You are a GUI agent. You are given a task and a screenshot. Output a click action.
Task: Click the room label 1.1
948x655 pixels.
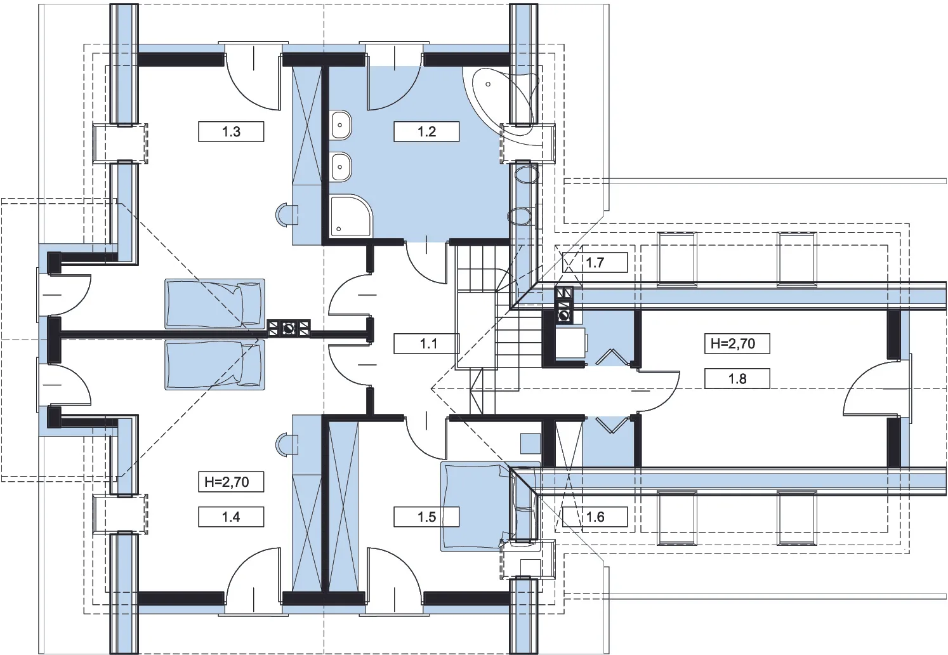[429, 343]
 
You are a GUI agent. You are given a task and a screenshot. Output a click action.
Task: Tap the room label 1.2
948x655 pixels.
[426, 131]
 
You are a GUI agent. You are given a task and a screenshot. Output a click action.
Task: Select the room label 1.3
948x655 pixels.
[231, 131]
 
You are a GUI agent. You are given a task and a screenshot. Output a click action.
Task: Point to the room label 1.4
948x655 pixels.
[231, 517]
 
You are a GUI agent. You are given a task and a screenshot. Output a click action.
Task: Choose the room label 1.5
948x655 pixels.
[426, 517]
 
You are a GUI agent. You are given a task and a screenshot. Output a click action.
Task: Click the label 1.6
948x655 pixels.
[595, 517]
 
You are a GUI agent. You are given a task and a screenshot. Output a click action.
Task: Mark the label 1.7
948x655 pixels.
[595, 263]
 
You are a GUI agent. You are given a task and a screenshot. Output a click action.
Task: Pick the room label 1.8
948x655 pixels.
[737, 378]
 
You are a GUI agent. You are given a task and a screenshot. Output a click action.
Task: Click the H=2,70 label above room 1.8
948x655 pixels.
[737, 343]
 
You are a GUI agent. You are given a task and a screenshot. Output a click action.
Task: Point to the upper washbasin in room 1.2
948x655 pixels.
[341, 125]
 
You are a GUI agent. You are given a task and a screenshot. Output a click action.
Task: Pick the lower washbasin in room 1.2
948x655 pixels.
[341, 166]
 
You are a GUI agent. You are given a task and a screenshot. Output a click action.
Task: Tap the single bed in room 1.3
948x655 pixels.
[214, 303]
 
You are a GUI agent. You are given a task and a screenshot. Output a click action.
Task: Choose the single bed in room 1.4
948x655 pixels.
[214, 364]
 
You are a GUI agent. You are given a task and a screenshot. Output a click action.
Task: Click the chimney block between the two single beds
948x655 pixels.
[289, 328]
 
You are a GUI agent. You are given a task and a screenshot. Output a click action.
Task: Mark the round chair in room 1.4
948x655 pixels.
[287, 444]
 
